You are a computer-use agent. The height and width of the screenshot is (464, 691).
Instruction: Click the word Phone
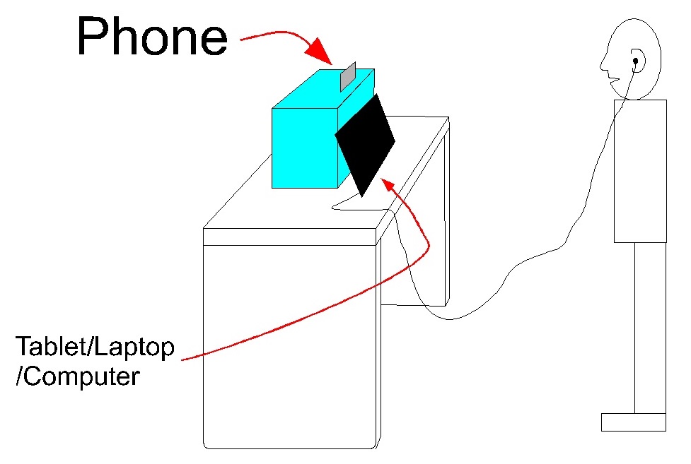152,36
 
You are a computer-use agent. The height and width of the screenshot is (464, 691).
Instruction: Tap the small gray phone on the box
348,77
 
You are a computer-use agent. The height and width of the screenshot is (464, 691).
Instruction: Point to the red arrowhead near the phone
321,54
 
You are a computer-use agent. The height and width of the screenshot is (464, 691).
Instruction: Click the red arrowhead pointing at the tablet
388,185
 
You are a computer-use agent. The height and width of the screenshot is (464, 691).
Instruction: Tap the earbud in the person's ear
636,61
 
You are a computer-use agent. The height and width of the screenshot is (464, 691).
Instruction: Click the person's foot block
633,422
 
